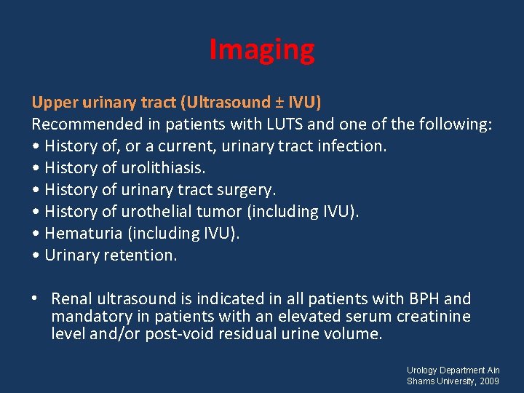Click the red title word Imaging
tap(262, 50)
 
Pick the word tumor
tap(234, 211)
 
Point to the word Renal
tap(71, 298)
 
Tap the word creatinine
tap(434, 317)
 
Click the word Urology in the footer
tap(424, 370)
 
